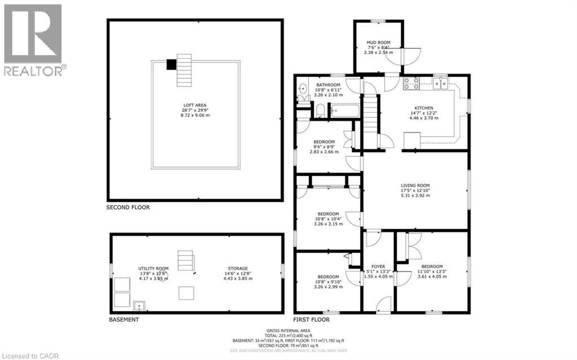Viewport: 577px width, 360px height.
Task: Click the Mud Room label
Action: pos(378,42)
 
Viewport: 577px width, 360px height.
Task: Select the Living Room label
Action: pos(415,185)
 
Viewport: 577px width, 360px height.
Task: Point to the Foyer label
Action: pos(378,266)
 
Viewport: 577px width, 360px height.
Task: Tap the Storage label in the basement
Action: pos(238,268)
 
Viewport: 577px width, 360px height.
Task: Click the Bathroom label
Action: pos(327,85)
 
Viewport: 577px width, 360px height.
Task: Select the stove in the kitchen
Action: pos(411,83)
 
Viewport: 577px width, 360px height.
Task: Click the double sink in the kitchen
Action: pos(440,83)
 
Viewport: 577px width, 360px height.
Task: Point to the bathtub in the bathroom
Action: pos(343,110)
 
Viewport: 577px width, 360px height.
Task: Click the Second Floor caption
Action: pos(128,207)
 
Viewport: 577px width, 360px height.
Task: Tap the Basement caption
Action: pos(123,319)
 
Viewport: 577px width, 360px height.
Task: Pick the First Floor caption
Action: pos(312,319)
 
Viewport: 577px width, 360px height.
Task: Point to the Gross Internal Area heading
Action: pos(290,330)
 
